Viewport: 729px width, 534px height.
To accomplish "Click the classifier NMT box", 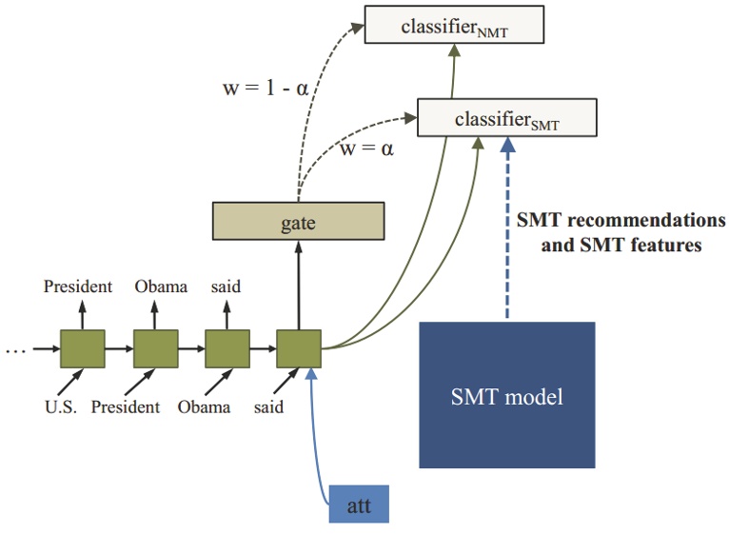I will pos(454,26).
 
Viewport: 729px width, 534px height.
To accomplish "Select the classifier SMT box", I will pos(507,120).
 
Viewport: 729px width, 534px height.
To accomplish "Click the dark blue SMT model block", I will pos(506,395).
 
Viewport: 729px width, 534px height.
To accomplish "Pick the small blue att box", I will pos(359,504).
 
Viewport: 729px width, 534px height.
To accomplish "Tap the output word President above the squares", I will pos(78,286).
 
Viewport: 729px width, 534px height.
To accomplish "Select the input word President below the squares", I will pos(126,407).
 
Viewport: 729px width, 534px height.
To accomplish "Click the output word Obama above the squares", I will pos(161,286).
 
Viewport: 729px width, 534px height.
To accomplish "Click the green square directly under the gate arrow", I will pos(299,349).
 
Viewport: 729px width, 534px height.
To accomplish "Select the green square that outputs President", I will pos(83,349).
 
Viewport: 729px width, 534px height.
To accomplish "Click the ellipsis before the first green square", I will pos(15,349).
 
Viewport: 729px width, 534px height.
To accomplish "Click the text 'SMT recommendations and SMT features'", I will pos(620,232).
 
